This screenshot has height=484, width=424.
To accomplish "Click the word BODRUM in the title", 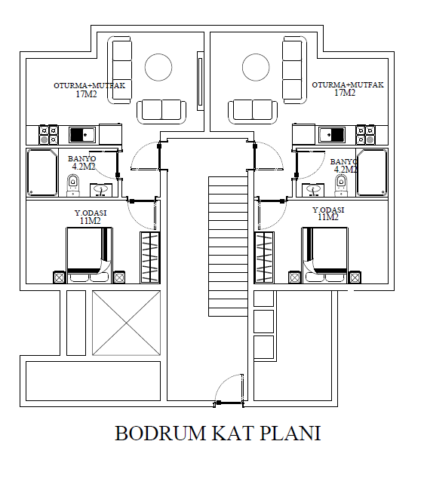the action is pyautogui.click(x=161, y=433).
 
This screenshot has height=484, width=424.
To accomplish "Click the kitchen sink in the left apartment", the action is pyautogui.click(x=82, y=135).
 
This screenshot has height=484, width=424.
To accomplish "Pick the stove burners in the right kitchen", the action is pyautogui.click(x=366, y=135).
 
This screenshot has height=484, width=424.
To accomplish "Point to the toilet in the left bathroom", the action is pyautogui.click(x=73, y=185).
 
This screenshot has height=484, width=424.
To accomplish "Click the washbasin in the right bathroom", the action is pyautogui.click(x=313, y=190).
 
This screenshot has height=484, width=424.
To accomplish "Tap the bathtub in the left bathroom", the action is pyautogui.click(x=42, y=173).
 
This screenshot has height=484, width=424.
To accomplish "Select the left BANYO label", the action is pyautogui.click(x=82, y=158).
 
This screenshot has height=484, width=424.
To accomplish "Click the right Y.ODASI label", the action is pyautogui.click(x=328, y=210).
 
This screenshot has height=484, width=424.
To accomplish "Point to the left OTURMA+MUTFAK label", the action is pyautogui.click(x=90, y=85).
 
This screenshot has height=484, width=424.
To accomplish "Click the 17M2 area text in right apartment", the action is pyautogui.click(x=345, y=93).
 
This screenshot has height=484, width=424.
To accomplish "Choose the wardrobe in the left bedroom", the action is pyautogui.click(x=150, y=257).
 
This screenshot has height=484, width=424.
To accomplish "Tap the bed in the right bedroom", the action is pyautogui.click(x=325, y=256).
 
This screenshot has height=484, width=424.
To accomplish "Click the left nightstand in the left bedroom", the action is pyautogui.click(x=59, y=277).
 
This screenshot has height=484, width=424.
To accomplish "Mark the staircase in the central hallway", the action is pyautogui.click(x=228, y=247).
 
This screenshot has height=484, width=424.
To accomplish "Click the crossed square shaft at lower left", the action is pyautogui.click(x=126, y=323).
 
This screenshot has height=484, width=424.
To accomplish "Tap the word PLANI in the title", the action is pyautogui.click(x=290, y=433).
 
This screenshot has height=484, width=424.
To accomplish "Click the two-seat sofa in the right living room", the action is pyautogui.click(x=253, y=112).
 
